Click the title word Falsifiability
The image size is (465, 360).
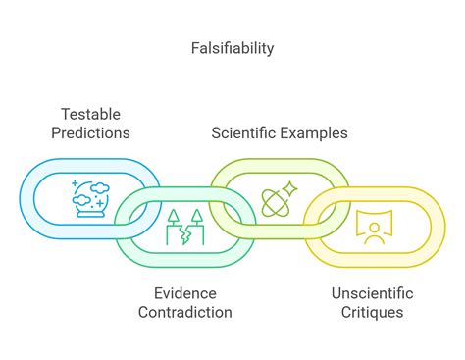click(232, 47)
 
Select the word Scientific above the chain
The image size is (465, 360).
click(244, 132)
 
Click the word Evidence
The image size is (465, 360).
click(184, 293)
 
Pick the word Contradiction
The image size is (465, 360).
click(184, 312)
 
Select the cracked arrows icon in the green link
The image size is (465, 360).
click(184, 227)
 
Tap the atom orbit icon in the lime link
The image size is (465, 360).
click(277, 199)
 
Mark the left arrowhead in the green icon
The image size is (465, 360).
click(174, 216)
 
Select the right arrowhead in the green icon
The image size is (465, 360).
click(195, 216)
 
